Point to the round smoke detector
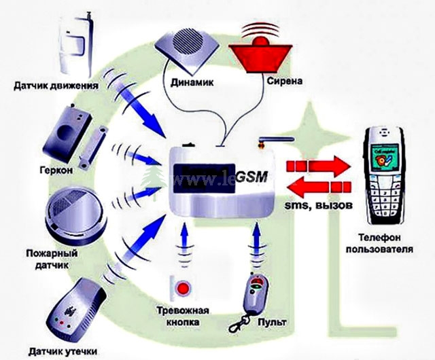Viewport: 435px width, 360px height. coord(70,210)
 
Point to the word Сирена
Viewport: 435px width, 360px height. coord(264,82)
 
